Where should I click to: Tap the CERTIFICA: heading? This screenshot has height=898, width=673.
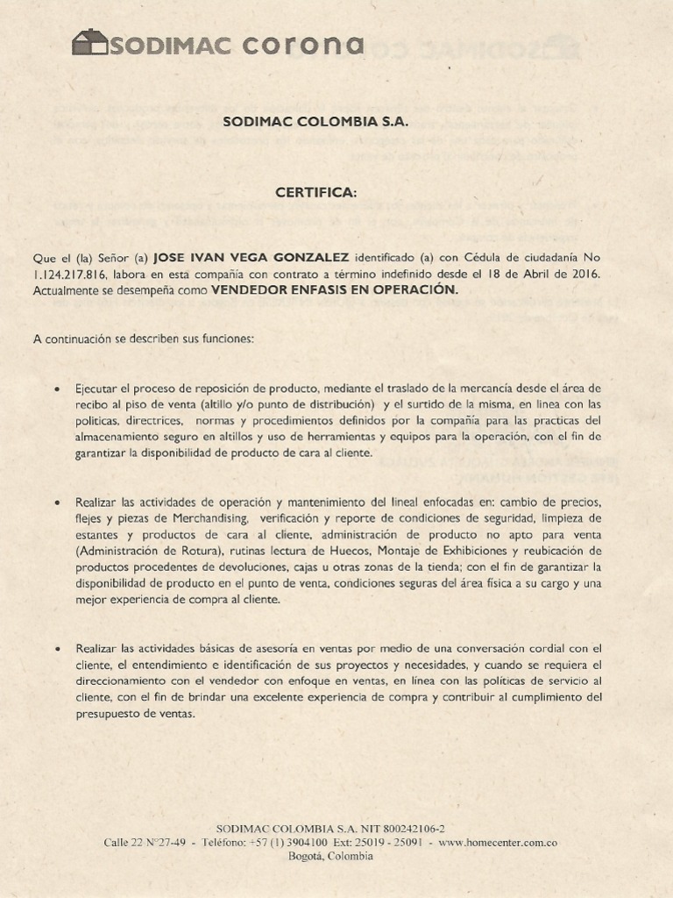316,192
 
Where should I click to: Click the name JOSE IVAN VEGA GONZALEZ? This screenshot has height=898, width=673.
251,258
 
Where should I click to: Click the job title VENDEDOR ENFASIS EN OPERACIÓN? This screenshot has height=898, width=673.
335,290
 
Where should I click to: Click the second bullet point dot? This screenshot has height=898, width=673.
57,503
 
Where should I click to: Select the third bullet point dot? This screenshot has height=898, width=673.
57,649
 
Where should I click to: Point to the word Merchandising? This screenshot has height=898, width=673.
209,519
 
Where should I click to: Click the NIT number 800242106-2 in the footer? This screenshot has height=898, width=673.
410,829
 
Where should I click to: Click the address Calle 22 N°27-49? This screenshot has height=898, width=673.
145,843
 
